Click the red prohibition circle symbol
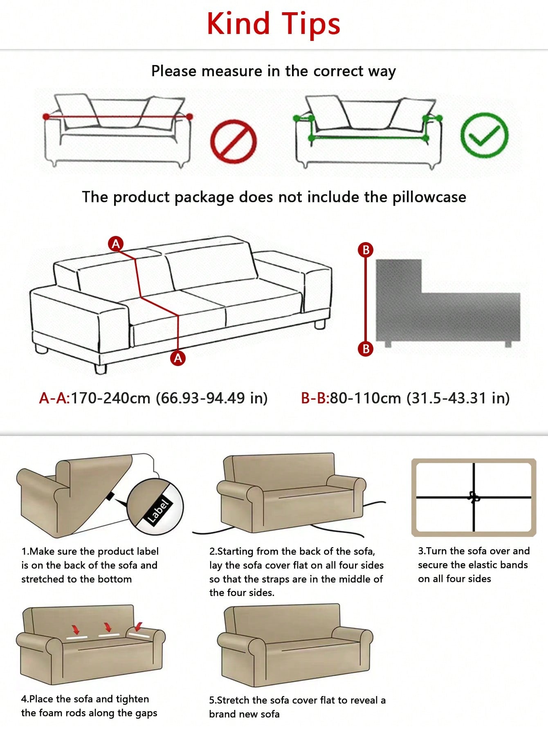tap(234, 140)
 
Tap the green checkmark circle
tap(484, 135)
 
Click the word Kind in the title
tap(239, 24)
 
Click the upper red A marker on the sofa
tap(116, 244)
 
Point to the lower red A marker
tap(178, 358)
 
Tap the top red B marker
tap(366, 249)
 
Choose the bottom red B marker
tap(366, 349)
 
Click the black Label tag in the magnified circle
tap(159, 511)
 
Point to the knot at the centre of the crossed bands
tap(474, 497)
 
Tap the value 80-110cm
tap(366, 398)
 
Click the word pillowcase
tap(429, 198)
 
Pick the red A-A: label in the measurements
tap(55, 398)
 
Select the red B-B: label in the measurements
tap(315, 398)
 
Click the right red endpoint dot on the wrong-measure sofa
tap(189, 117)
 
